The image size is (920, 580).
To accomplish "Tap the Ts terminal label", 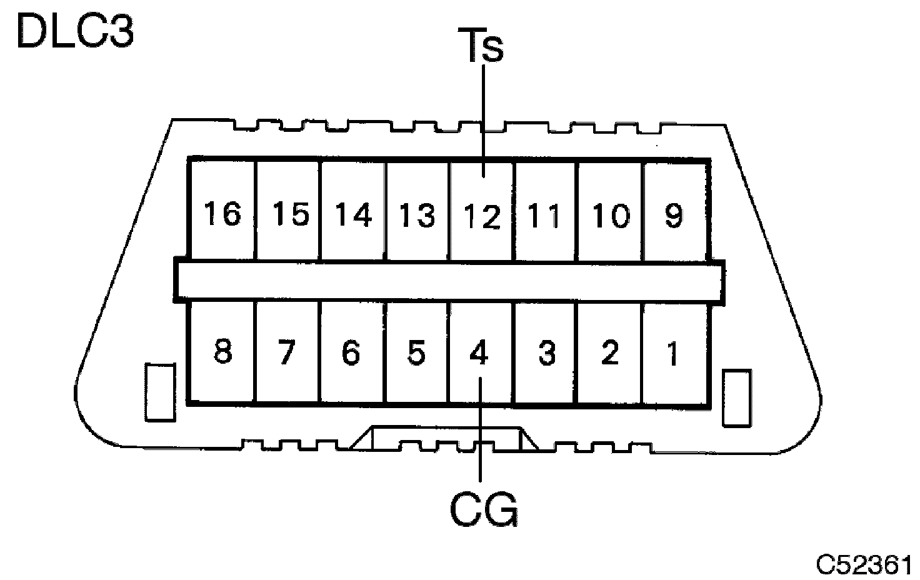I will click(484, 46).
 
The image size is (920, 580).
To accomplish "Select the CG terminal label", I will click(484, 509).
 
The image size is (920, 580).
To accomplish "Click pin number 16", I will click(222, 214).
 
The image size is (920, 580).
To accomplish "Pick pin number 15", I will click(290, 214).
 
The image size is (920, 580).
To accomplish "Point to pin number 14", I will click(354, 214).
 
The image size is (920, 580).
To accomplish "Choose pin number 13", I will click(417, 216).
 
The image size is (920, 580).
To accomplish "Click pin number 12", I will click(482, 217).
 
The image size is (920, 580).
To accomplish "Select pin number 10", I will click(610, 216).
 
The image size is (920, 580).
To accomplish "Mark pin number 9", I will click(673, 216).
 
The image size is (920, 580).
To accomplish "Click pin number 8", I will click(222, 351).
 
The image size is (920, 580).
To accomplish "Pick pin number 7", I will click(287, 352).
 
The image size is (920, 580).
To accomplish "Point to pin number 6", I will click(351, 352).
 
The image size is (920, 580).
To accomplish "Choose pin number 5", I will click(416, 352).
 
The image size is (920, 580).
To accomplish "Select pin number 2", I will click(609, 352).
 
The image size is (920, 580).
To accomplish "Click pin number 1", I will click(672, 354).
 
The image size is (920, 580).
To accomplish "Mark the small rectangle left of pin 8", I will click(160, 392).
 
